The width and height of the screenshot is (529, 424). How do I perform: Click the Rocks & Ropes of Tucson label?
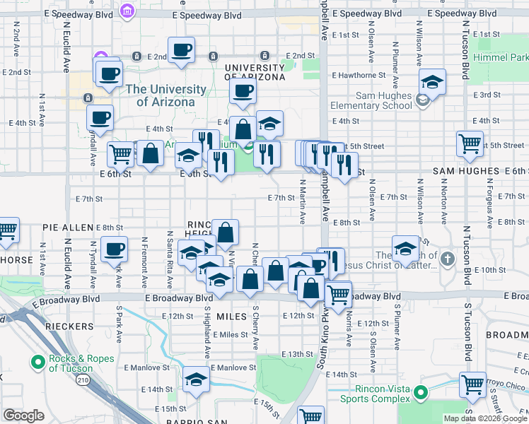(71, 363)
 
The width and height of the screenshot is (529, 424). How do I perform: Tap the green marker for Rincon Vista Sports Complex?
(421, 392)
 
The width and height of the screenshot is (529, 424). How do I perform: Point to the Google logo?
(23, 416)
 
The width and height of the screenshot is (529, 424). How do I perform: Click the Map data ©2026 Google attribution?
(484, 418)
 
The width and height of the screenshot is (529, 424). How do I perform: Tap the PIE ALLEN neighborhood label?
(68, 228)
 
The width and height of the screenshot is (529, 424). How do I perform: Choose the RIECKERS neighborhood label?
(68, 326)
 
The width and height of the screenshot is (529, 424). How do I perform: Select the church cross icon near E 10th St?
(446, 259)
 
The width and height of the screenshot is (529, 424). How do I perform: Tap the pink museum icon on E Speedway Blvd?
(127, 11)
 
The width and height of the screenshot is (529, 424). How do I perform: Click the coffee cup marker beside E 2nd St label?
(180, 51)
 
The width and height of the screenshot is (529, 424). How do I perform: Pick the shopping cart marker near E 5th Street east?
(470, 143)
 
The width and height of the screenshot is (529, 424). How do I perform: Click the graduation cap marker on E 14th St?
(196, 380)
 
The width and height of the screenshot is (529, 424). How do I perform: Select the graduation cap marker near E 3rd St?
(431, 82)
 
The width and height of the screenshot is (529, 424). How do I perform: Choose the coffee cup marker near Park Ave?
(114, 249)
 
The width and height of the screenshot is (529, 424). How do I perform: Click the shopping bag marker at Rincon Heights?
(225, 232)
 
